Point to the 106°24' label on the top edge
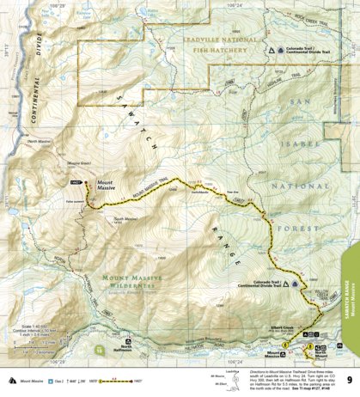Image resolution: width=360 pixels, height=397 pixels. pos(230,3)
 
